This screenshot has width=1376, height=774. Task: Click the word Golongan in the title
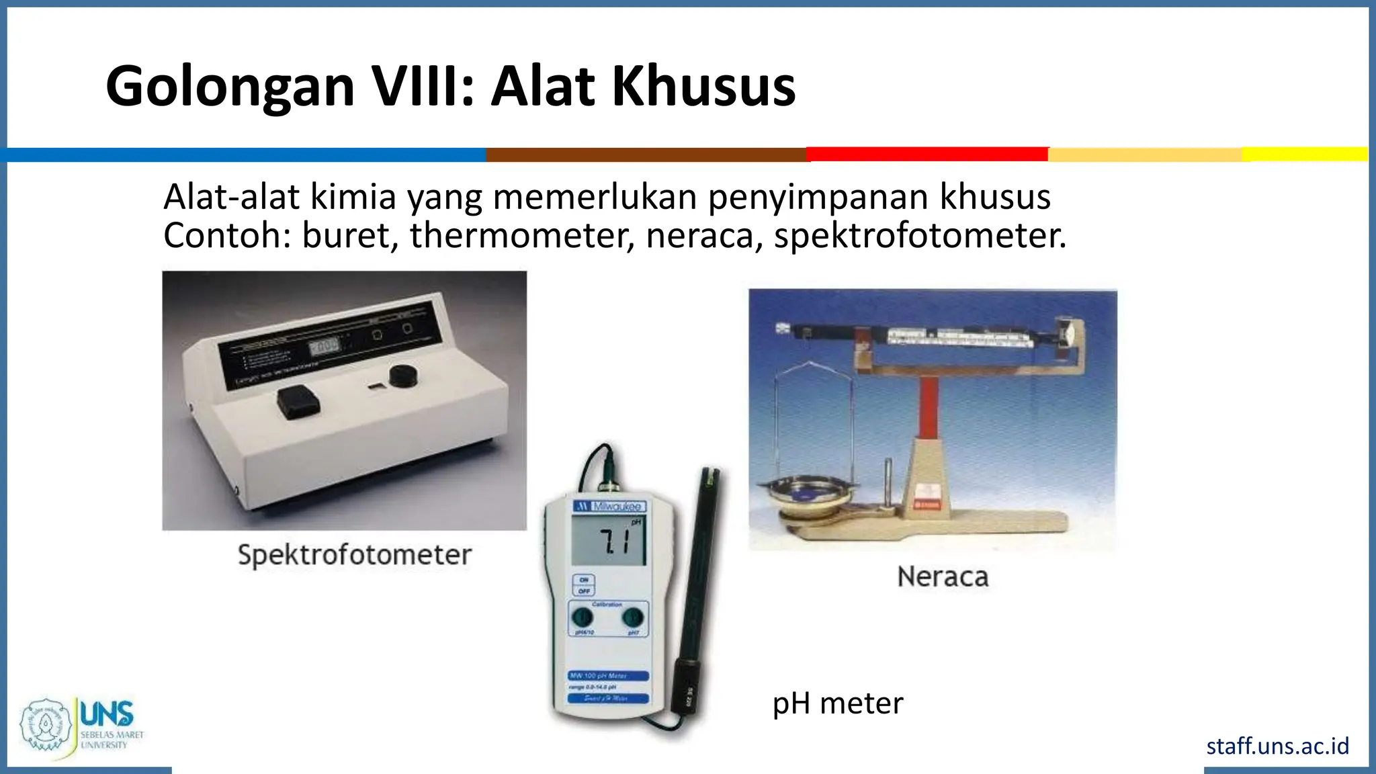pyautogui.click(x=230, y=87)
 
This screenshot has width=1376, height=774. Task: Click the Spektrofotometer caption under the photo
pyautogui.click(x=355, y=555)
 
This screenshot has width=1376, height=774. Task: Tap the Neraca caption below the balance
pyautogui.click(x=943, y=576)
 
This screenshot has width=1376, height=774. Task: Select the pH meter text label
pyautogui.click(x=837, y=703)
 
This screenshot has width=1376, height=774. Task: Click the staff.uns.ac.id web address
pyautogui.click(x=1277, y=746)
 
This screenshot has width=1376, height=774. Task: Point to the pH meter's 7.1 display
pyautogui.click(x=608, y=541)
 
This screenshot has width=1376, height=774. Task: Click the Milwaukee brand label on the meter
pyautogui.click(x=609, y=506)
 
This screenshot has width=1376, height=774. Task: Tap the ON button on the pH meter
pyautogui.click(x=584, y=579)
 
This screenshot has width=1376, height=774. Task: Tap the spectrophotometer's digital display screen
pyautogui.click(x=324, y=346)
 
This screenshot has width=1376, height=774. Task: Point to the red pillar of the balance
pyautogui.click(x=929, y=406)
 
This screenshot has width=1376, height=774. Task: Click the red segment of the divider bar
pyautogui.click(x=927, y=155)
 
